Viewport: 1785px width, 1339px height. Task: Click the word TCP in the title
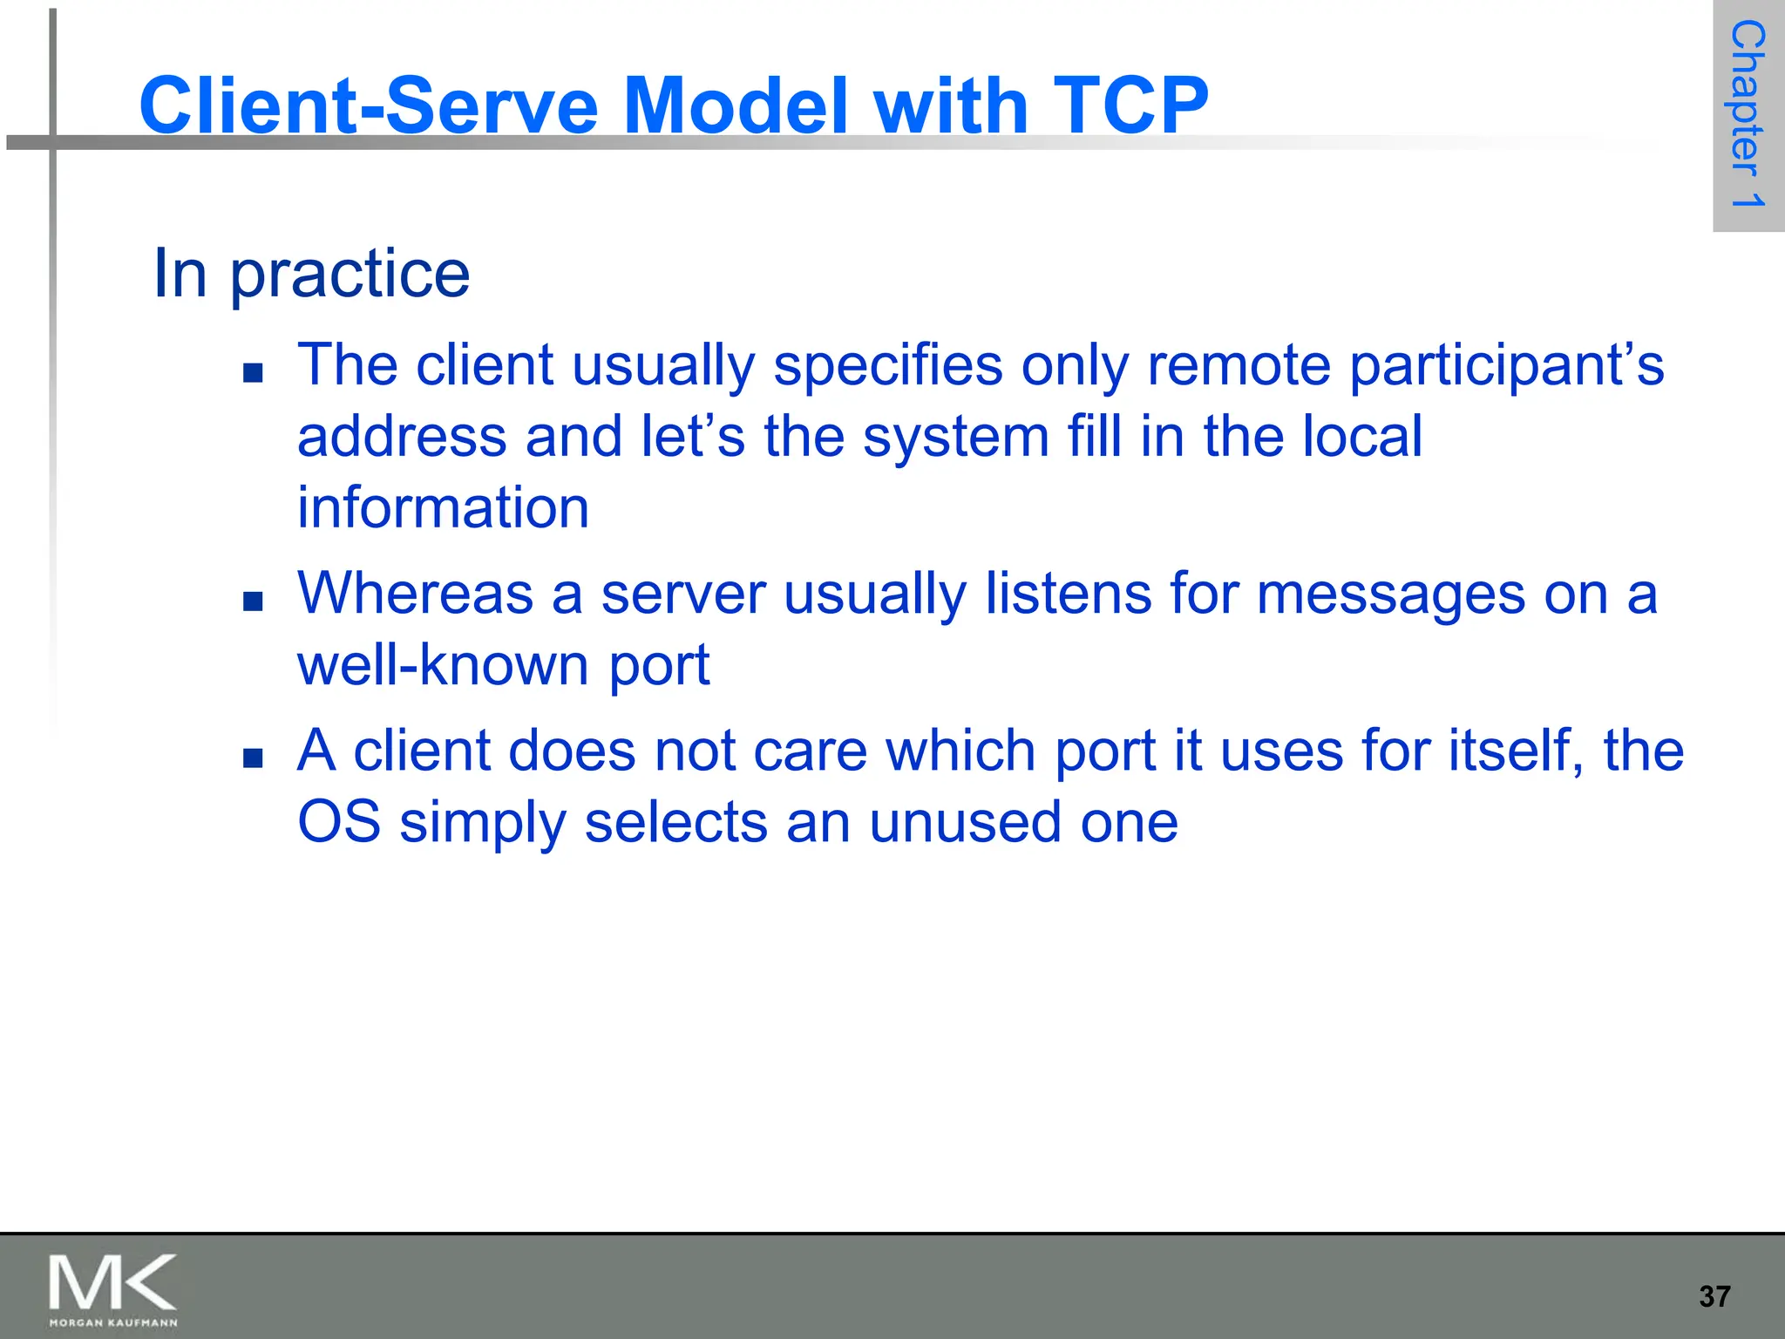coord(1130,105)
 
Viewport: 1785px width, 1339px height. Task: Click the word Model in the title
coord(736,105)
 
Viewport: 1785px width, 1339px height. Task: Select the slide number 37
coord(1714,1296)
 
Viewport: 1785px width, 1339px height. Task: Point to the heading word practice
coord(350,274)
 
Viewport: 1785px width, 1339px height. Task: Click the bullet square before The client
coord(254,373)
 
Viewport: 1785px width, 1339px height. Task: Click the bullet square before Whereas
coord(254,602)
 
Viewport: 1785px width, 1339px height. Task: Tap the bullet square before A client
coord(254,758)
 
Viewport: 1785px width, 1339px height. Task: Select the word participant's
coord(1506,365)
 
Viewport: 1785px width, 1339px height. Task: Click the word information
coord(443,507)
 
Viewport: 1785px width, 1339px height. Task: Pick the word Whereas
coord(415,594)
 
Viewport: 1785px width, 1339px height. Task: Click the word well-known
coord(443,665)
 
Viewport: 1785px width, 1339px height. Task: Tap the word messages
coord(1391,594)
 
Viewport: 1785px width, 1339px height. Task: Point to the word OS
coord(339,822)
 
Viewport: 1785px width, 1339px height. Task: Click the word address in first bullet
coord(402,436)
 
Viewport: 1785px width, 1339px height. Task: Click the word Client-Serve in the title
coord(369,105)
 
